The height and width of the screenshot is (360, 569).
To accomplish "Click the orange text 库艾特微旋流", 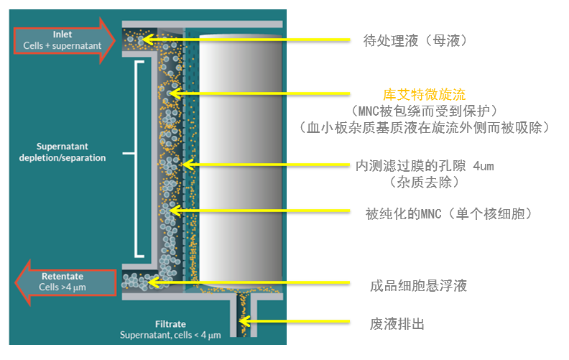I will pyautogui.click(x=424, y=94).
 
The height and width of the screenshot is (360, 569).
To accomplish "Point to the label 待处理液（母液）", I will pyautogui.click(x=415, y=40).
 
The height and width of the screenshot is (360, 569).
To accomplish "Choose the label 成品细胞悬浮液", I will pyautogui.click(x=414, y=286).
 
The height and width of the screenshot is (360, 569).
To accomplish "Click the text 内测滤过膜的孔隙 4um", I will pyautogui.click(x=425, y=166).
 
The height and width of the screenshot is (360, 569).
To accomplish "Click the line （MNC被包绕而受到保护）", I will pyautogui.click(x=425, y=111).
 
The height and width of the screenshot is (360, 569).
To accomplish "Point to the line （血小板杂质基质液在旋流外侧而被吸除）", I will pyautogui.click(x=425, y=127).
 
